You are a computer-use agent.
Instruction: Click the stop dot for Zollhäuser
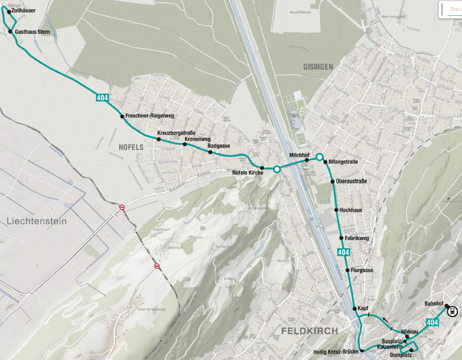[x=9, y=11]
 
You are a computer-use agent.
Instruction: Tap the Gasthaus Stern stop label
[x=33, y=32]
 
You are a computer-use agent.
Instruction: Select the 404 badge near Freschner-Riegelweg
[x=102, y=98]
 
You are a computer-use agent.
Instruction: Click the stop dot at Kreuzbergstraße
[x=158, y=139]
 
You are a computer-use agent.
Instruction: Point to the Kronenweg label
[x=197, y=139]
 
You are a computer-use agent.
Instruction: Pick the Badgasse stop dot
[x=210, y=152]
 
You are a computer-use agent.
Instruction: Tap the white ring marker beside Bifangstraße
[x=319, y=157]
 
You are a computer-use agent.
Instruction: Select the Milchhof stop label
[x=299, y=155]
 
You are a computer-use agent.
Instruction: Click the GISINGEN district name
[x=318, y=67]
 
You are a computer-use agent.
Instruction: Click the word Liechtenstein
[x=37, y=221]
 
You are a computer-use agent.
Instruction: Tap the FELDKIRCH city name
[x=309, y=331]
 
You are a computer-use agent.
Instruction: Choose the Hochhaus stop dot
[x=336, y=210]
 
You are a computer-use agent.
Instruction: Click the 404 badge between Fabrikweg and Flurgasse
[x=343, y=252]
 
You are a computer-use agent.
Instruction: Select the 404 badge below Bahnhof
[x=432, y=322]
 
